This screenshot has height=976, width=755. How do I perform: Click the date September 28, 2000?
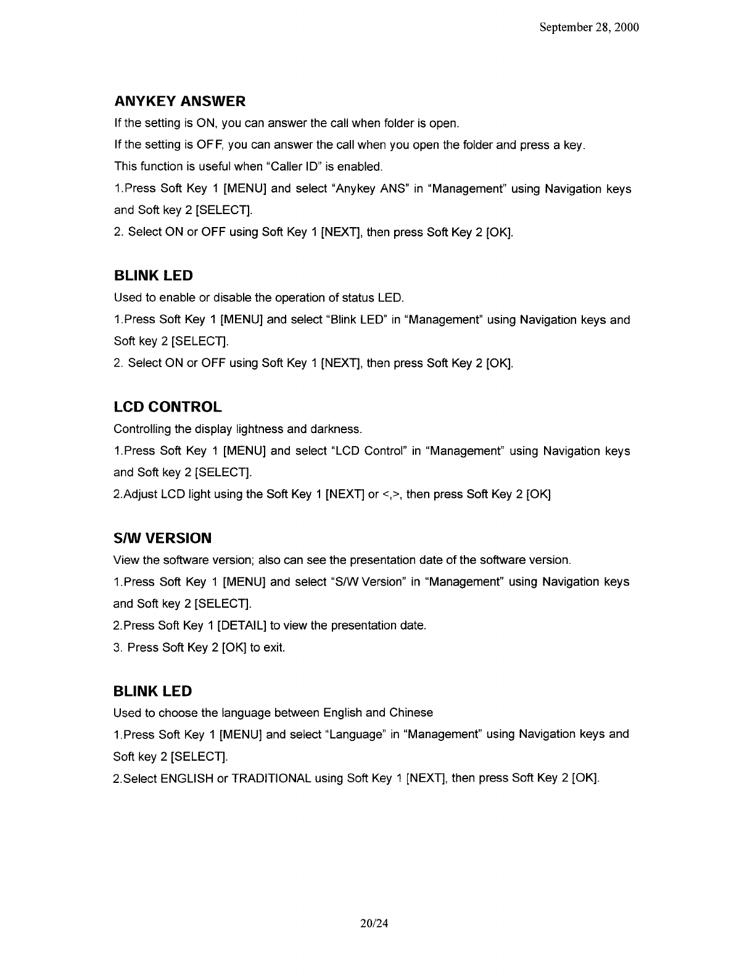588,28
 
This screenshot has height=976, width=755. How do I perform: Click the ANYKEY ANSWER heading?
179,101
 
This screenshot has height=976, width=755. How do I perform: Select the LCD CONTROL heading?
168,407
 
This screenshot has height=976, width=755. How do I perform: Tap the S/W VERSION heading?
163,538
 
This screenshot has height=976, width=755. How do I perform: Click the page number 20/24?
377,923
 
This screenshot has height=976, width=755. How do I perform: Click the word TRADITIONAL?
271,779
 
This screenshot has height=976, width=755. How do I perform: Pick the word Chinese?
411,713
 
